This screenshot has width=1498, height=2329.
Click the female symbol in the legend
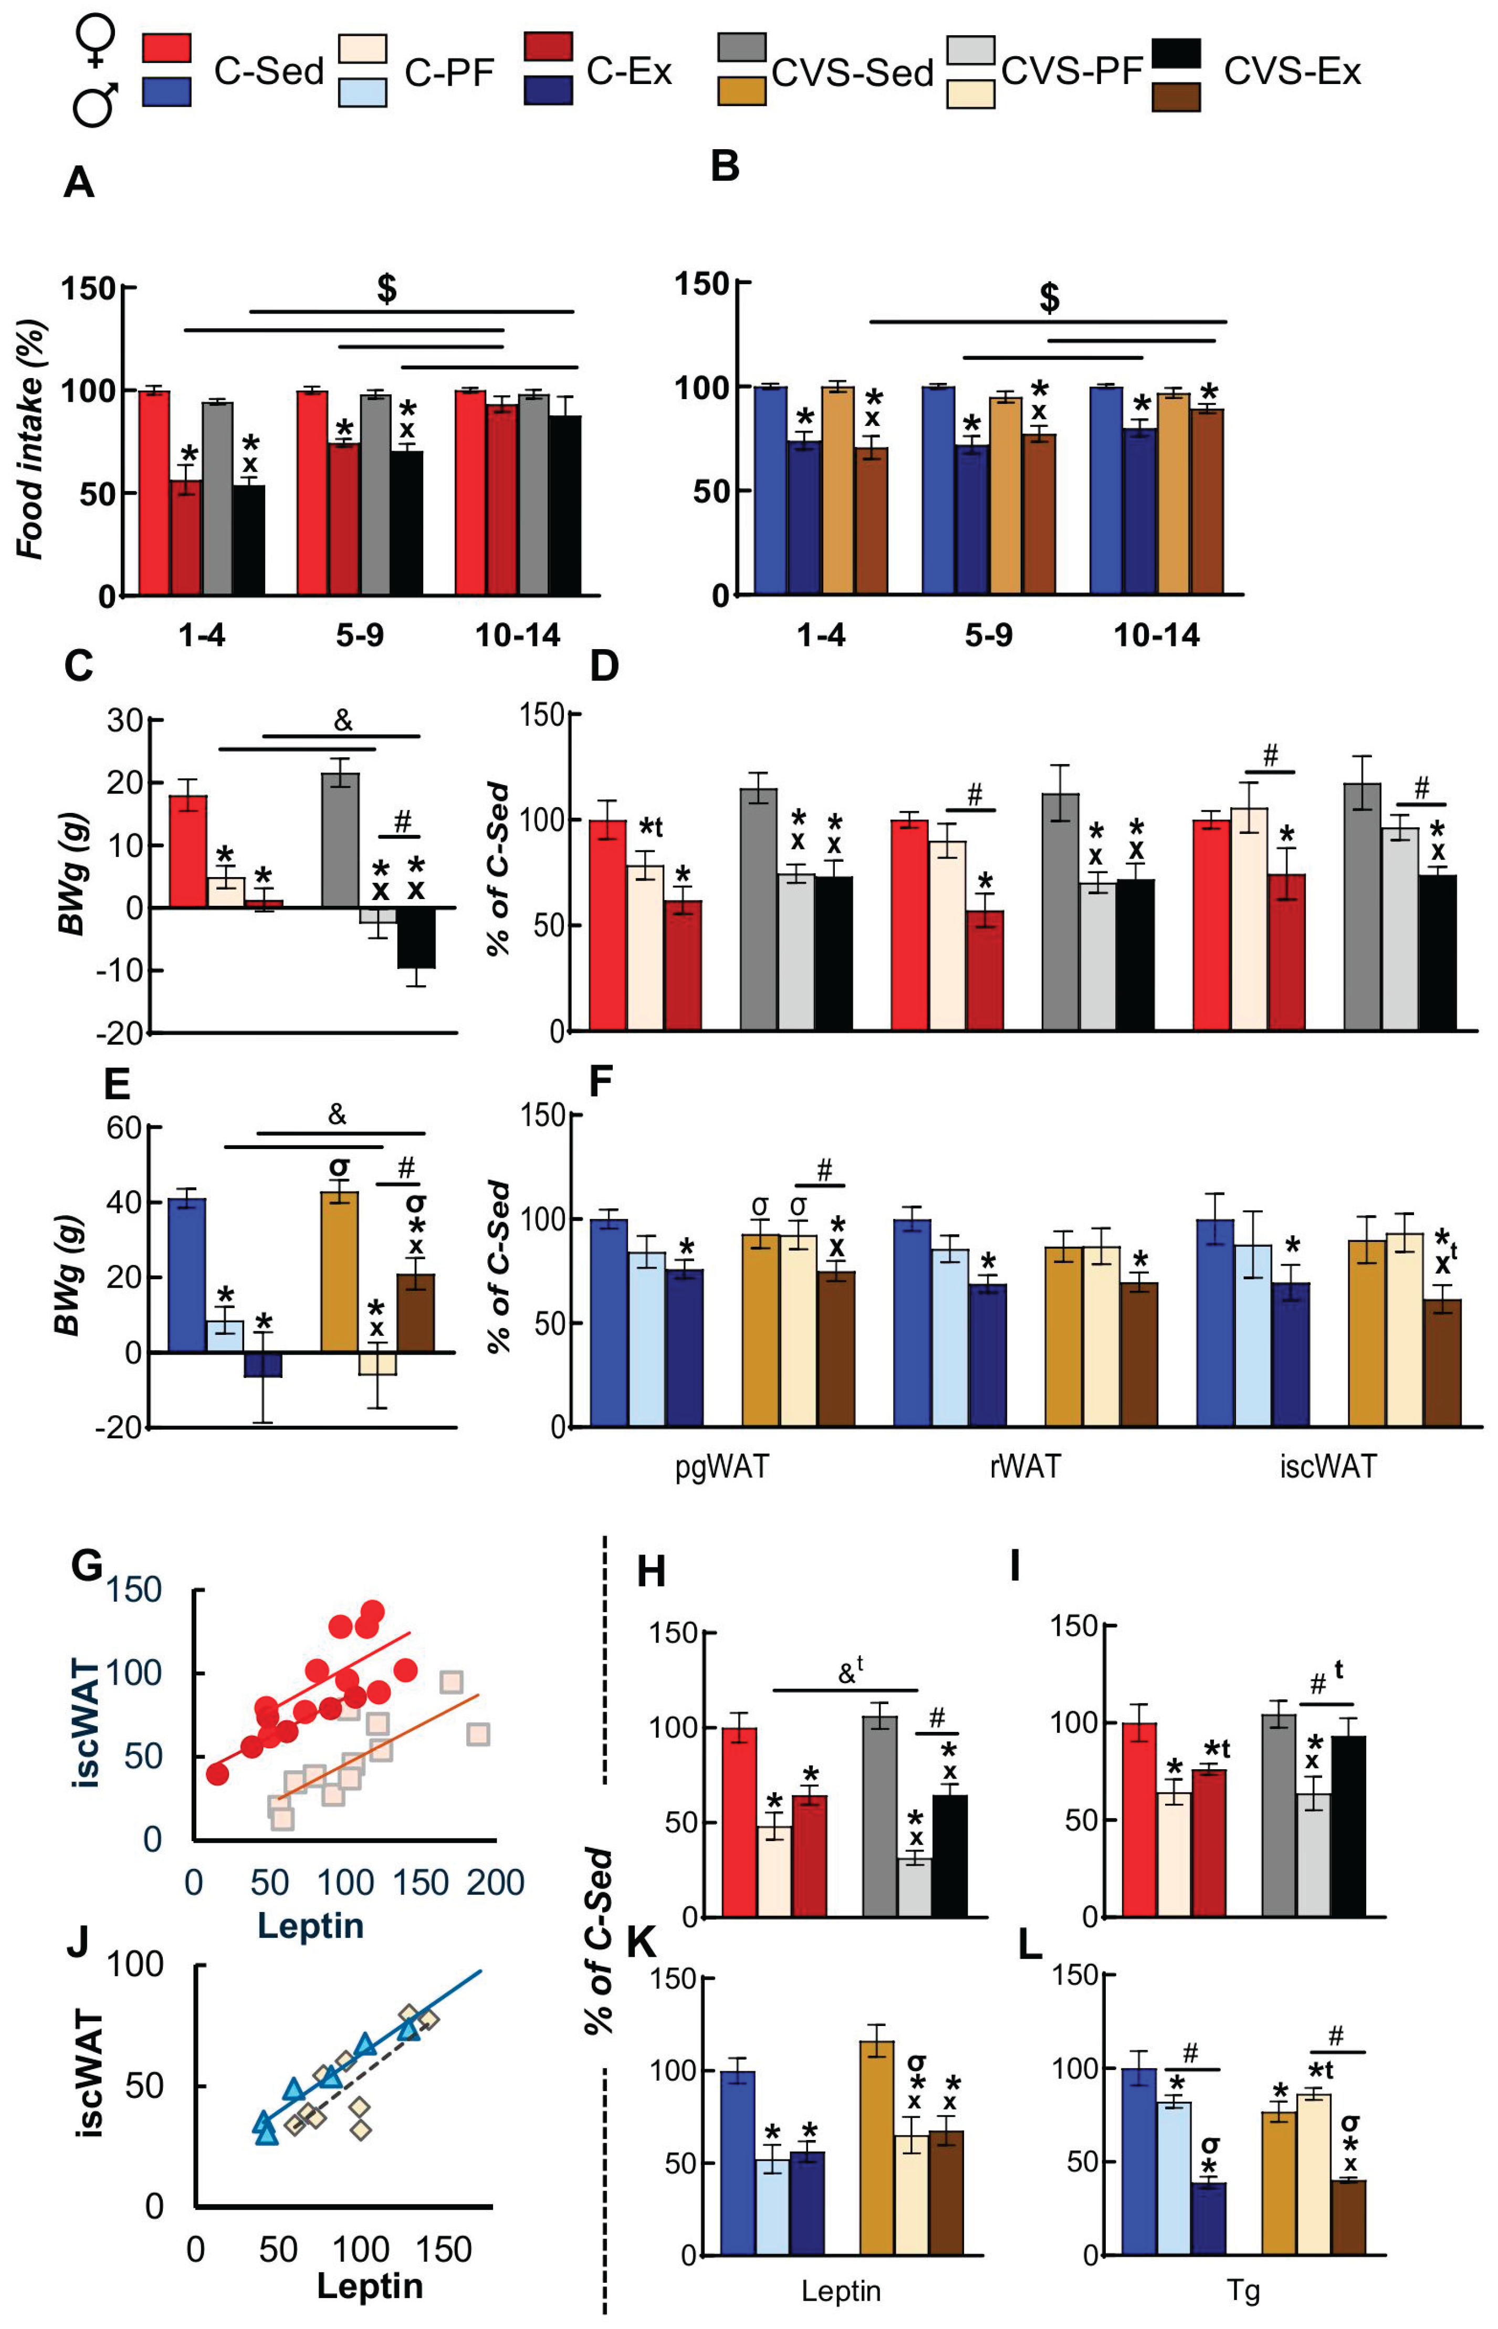pos(96,42)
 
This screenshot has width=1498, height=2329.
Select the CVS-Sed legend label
pos(852,73)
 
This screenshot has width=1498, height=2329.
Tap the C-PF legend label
pos(449,73)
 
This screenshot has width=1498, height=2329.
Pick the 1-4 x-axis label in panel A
pos(201,635)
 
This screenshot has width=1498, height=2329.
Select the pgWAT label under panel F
pos(722,1466)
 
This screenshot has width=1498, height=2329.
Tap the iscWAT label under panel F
pos(1328,1466)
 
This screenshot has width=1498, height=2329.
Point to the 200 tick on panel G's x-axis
pos(495,1883)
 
